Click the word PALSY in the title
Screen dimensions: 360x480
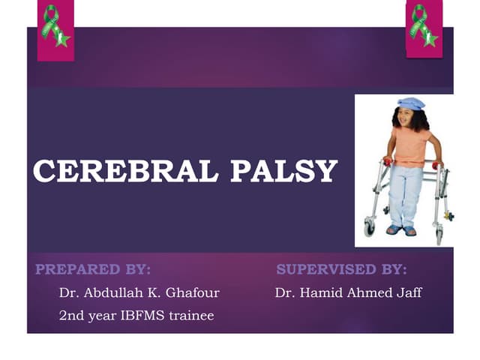283,172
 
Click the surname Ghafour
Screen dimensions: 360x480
191,292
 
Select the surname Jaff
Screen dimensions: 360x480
407,292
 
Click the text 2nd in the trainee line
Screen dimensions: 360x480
71,316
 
